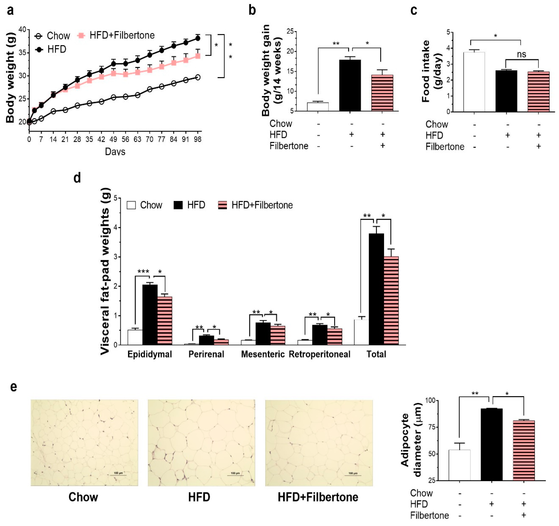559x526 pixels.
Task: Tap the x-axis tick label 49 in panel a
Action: pyautogui.click(x=113, y=139)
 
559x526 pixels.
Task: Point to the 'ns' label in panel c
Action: pyautogui.click(x=522, y=54)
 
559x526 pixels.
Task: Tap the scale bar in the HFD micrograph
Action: pyautogui.click(x=235, y=475)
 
